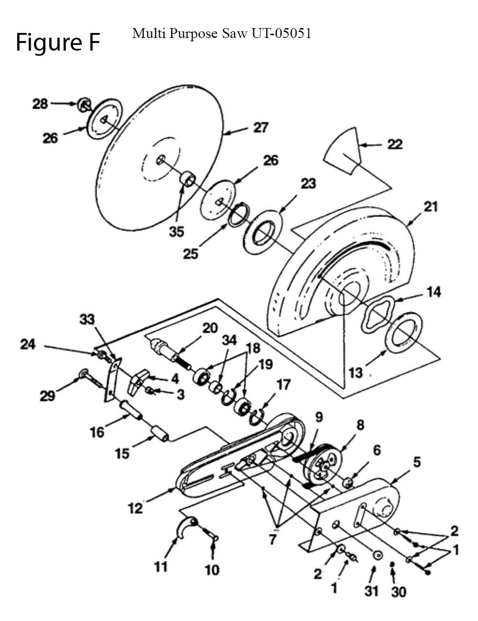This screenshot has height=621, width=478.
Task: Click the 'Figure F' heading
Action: (x=58, y=42)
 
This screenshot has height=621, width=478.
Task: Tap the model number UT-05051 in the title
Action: (x=281, y=33)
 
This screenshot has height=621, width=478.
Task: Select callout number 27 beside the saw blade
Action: (x=261, y=127)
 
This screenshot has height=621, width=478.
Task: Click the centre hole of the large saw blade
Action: (x=160, y=159)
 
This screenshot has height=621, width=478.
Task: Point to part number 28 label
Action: (x=40, y=104)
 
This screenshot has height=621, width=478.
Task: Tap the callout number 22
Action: (x=395, y=144)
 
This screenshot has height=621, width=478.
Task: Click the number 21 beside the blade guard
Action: (x=431, y=207)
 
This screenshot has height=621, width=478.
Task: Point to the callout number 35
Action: (x=176, y=232)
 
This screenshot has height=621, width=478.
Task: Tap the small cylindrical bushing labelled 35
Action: (x=188, y=179)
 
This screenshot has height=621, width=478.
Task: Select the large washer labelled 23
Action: (x=262, y=232)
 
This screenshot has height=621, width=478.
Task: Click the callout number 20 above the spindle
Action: (x=210, y=328)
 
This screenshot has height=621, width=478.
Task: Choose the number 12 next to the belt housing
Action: (x=135, y=508)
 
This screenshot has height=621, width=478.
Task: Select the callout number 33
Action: (x=87, y=319)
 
